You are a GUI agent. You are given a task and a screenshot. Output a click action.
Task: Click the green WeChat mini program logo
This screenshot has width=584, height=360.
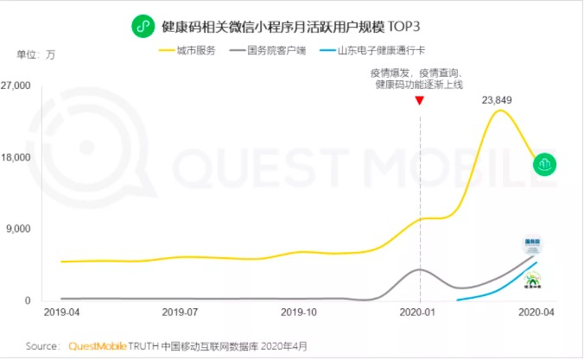point(143,27)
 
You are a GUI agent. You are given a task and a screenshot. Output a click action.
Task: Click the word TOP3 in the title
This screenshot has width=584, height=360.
point(403,27)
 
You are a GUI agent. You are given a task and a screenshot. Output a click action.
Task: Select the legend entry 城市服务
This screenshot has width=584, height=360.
point(187,50)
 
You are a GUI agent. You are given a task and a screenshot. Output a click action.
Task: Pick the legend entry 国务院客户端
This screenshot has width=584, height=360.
point(268,50)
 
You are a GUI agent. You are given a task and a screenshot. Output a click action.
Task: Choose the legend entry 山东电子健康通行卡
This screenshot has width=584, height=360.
point(372,50)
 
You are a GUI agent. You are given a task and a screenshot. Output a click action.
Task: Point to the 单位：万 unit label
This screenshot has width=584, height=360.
point(35,54)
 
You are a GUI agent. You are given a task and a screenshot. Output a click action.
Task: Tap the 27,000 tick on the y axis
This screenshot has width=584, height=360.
point(16,85)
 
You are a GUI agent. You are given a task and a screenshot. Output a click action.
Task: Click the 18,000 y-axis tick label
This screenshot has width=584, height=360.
point(16,157)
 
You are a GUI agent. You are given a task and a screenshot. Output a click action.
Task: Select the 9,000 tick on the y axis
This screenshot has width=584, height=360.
point(18,229)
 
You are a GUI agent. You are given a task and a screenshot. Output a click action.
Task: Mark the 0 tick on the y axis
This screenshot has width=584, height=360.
point(28,300)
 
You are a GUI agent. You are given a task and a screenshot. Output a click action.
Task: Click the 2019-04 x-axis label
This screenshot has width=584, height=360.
point(62,312)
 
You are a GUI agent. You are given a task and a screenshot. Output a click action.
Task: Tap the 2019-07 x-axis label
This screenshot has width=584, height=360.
point(180,312)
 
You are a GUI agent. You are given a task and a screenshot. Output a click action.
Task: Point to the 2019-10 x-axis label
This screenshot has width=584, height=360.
point(299,312)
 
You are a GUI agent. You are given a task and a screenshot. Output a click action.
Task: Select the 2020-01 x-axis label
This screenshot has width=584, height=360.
point(417,312)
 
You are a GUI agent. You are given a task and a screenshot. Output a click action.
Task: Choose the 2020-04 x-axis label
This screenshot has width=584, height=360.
point(536,312)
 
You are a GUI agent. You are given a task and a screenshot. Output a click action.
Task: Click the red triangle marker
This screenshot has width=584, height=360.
point(420,100)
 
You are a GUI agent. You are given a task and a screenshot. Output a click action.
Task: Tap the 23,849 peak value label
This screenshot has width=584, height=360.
point(497,100)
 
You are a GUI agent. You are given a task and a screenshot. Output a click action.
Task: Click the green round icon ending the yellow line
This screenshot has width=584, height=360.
point(544,165)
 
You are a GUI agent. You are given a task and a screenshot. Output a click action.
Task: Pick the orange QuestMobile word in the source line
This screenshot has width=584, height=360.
point(98,346)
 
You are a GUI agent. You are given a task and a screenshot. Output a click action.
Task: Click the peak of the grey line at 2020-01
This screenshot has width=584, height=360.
point(420,269)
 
